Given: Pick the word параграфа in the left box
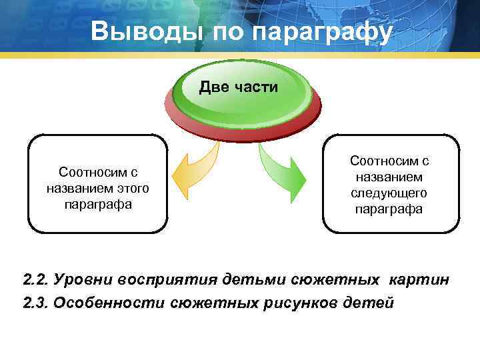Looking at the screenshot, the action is pos(98,204).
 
